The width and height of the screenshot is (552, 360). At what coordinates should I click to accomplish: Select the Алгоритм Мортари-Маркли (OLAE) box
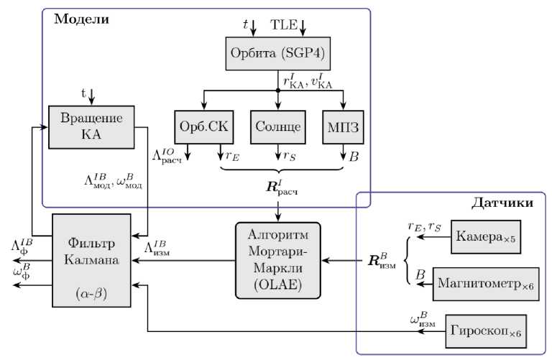(x=277, y=259)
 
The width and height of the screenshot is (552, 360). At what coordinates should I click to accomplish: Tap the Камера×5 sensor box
(x=486, y=236)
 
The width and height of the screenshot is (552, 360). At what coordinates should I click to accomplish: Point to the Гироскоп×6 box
(x=486, y=331)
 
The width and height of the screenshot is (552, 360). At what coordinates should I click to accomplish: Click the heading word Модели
(x=80, y=19)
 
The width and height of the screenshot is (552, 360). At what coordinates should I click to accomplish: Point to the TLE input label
(x=283, y=24)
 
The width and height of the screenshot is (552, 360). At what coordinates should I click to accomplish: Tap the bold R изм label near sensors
(x=382, y=259)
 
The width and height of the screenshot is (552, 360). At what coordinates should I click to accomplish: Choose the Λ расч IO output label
(x=167, y=156)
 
